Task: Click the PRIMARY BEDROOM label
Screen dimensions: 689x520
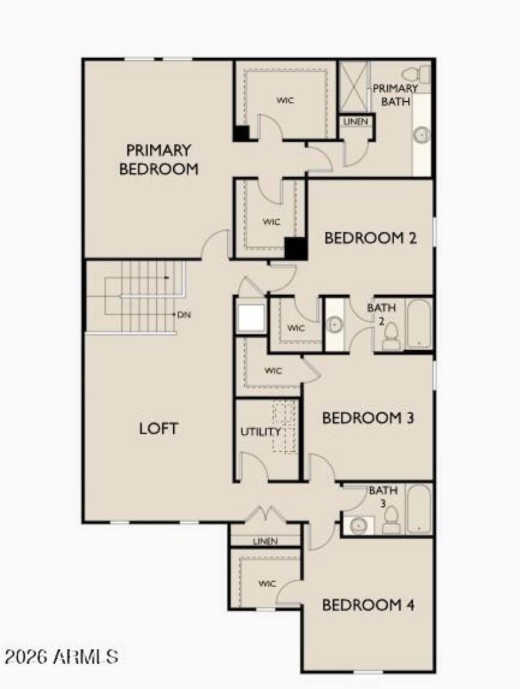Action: (x=159, y=159)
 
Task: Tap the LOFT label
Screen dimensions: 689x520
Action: (x=159, y=429)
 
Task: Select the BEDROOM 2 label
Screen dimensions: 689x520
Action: (x=370, y=238)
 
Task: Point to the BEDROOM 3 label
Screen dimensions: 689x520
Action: (x=368, y=418)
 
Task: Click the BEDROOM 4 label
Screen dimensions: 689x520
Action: (x=368, y=606)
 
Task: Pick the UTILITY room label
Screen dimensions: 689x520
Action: (x=261, y=431)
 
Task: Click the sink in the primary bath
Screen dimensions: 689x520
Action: (x=422, y=135)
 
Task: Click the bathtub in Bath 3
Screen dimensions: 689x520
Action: (x=419, y=509)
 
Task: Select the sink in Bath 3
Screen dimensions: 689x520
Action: (x=357, y=524)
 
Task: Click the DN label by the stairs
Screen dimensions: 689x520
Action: (x=185, y=314)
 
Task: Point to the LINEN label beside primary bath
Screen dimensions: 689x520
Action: (x=356, y=122)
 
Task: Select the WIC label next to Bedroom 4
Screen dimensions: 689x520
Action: (x=267, y=584)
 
